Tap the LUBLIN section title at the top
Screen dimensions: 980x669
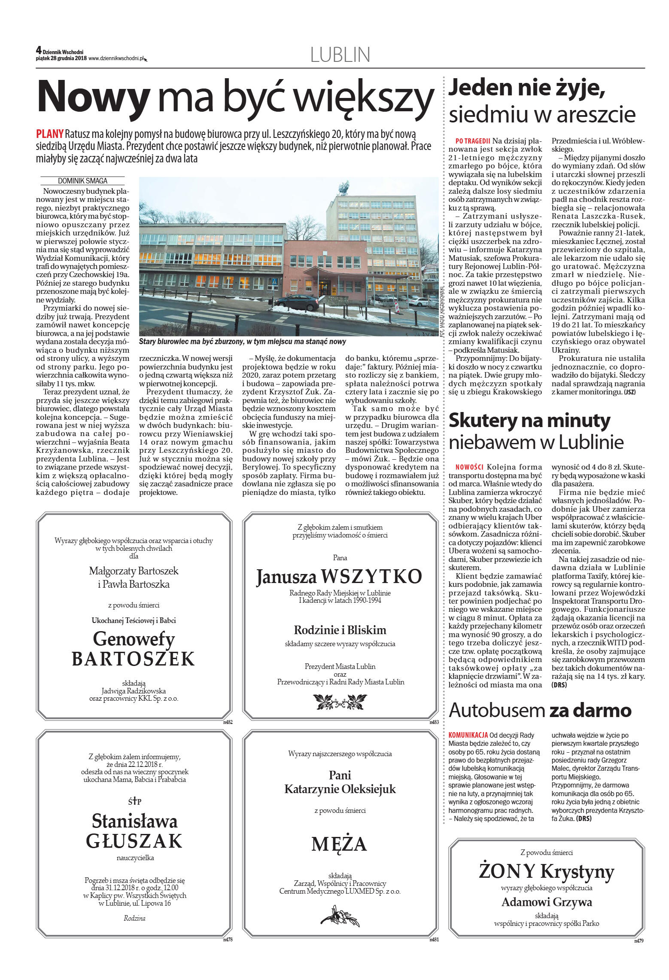point(340,55)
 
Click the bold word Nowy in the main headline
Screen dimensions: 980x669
point(94,97)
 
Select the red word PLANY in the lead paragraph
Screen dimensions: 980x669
point(50,134)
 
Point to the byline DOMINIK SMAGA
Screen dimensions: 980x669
point(82,181)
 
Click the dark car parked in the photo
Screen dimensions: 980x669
point(296,303)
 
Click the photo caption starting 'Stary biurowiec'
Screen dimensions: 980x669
point(242,342)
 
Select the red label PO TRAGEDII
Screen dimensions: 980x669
point(473,141)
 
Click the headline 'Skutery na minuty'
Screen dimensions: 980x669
point(529,421)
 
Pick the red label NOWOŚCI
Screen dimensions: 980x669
point(469,467)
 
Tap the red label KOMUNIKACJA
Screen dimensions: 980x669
point(468,735)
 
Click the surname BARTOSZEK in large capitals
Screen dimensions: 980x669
point(134,659)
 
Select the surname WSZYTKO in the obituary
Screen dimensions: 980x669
point(371,577)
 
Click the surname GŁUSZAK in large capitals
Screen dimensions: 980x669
point(134,841)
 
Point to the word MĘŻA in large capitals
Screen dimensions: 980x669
point(339,844)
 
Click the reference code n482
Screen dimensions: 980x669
point(228,722)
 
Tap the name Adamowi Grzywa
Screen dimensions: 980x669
point(546,902)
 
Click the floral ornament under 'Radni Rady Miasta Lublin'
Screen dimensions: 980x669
point(340,702)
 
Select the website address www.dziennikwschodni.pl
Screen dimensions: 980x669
point(116,59)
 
